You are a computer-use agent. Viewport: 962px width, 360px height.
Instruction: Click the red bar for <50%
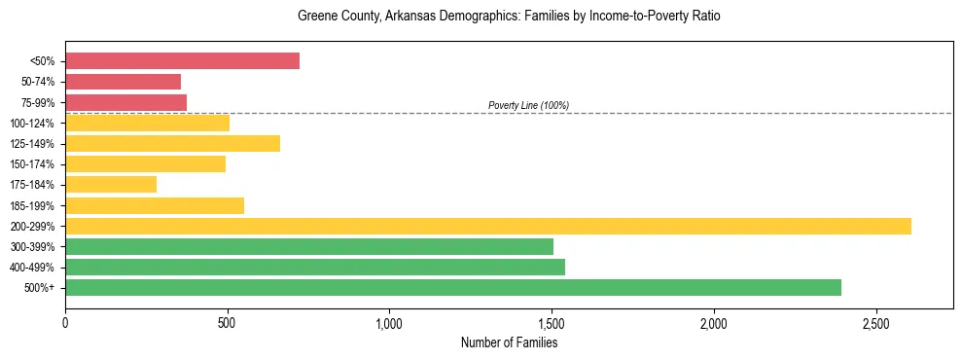[182, 61]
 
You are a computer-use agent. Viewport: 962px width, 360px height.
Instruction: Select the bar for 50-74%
[123, 82]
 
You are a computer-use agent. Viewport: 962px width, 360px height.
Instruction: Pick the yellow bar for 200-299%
[487, 226]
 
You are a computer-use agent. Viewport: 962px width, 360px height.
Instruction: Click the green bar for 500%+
[452, 287]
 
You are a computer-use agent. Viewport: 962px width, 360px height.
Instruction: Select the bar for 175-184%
[111, 185]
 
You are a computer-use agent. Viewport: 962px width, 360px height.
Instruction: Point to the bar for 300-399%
[308, 246]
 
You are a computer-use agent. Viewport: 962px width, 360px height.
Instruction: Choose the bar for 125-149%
[172, 143]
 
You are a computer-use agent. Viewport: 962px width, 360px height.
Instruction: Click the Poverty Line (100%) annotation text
[528, 105]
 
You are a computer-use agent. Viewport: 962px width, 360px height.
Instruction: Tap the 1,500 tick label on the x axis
[552, 323]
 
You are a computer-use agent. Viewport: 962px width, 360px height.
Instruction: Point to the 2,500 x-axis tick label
[875, 323]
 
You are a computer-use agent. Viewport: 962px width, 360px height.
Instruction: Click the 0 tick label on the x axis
[65, 323]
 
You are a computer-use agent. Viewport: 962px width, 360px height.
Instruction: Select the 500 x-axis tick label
[227, 323]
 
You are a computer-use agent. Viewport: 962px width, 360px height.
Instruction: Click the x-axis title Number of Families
[509, 342]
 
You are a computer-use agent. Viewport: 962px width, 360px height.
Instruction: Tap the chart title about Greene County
[509, 17]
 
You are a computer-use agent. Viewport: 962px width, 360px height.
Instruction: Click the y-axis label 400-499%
[32, 268]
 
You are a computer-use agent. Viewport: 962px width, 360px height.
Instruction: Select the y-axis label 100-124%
[32, 124]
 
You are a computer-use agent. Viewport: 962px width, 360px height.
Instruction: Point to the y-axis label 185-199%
[32, 206]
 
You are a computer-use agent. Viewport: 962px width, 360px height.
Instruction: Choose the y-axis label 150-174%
[32, 164]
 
